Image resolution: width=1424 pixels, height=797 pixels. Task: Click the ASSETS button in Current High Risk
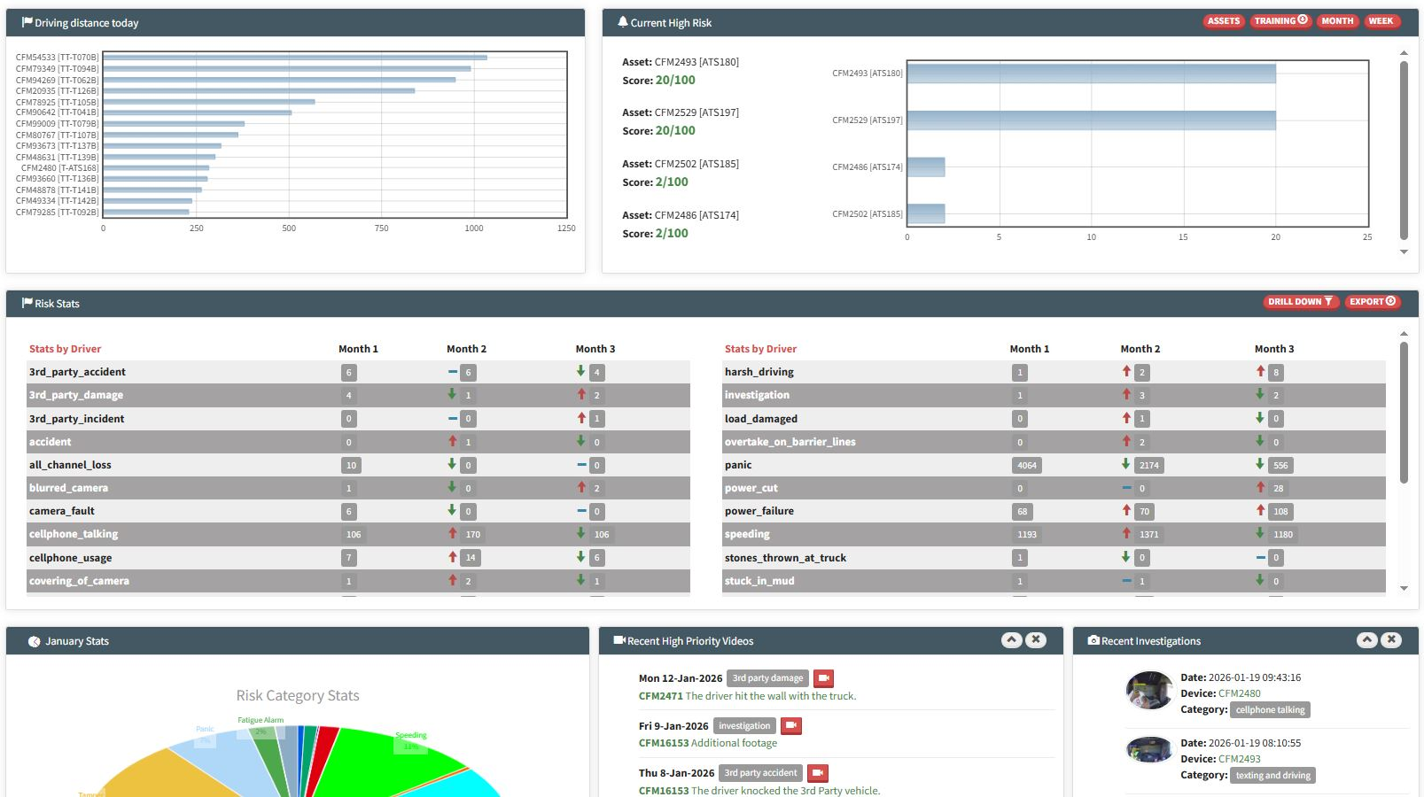pos(1223,21)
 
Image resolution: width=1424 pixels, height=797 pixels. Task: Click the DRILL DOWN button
pos(1299,302)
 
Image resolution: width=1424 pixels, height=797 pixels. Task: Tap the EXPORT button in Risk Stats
pos(1372,302)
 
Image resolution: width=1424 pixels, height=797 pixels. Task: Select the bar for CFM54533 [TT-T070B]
pos(295,58)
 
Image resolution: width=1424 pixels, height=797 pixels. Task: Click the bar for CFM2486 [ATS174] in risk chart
pos(926,166)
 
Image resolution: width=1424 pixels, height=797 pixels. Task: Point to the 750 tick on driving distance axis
pos(381,228)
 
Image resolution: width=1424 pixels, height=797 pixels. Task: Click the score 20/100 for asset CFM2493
pos(675,80)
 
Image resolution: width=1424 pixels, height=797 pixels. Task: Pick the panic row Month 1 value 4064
pos(1027,465)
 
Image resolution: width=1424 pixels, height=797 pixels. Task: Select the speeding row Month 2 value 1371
pos(1148,535)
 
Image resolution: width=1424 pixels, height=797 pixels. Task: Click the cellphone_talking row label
pos(74,534)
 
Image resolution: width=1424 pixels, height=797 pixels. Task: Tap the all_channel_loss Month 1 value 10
pos(351,465)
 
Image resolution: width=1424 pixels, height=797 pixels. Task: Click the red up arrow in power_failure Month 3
pos(1260,510)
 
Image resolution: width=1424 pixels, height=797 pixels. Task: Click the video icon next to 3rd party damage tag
pos(823,678)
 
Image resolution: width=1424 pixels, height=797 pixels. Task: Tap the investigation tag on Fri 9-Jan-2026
pos(744,726)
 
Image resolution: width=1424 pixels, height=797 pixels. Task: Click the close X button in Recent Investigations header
pos(1391,639)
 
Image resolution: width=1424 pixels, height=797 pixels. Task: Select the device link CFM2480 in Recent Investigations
pos(1239,693)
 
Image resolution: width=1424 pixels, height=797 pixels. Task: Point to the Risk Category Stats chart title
pos(298,696)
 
